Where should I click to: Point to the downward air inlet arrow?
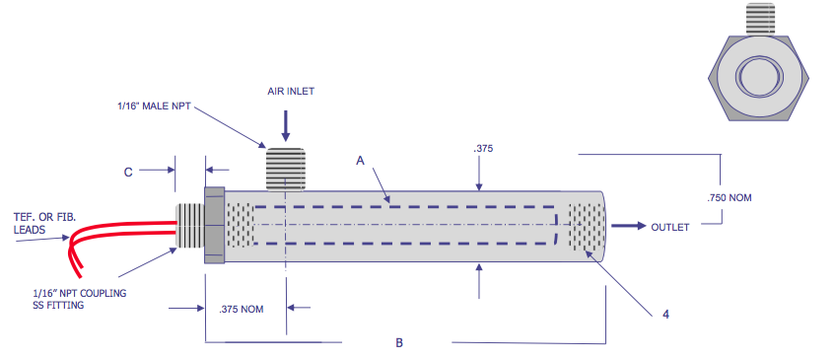click(x=286, y=123)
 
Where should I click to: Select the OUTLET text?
click(x=669, y=227)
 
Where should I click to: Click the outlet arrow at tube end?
click(x=625, y=226)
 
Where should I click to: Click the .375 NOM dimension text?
click(x=241, y=309)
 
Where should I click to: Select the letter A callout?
click(x=360, y=159)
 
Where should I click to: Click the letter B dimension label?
click(x=398, y=343)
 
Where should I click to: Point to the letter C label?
click(x=128, y=172)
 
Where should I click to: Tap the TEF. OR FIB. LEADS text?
click(x=38, y=222)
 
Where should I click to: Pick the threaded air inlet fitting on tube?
click(x=286, y=168)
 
